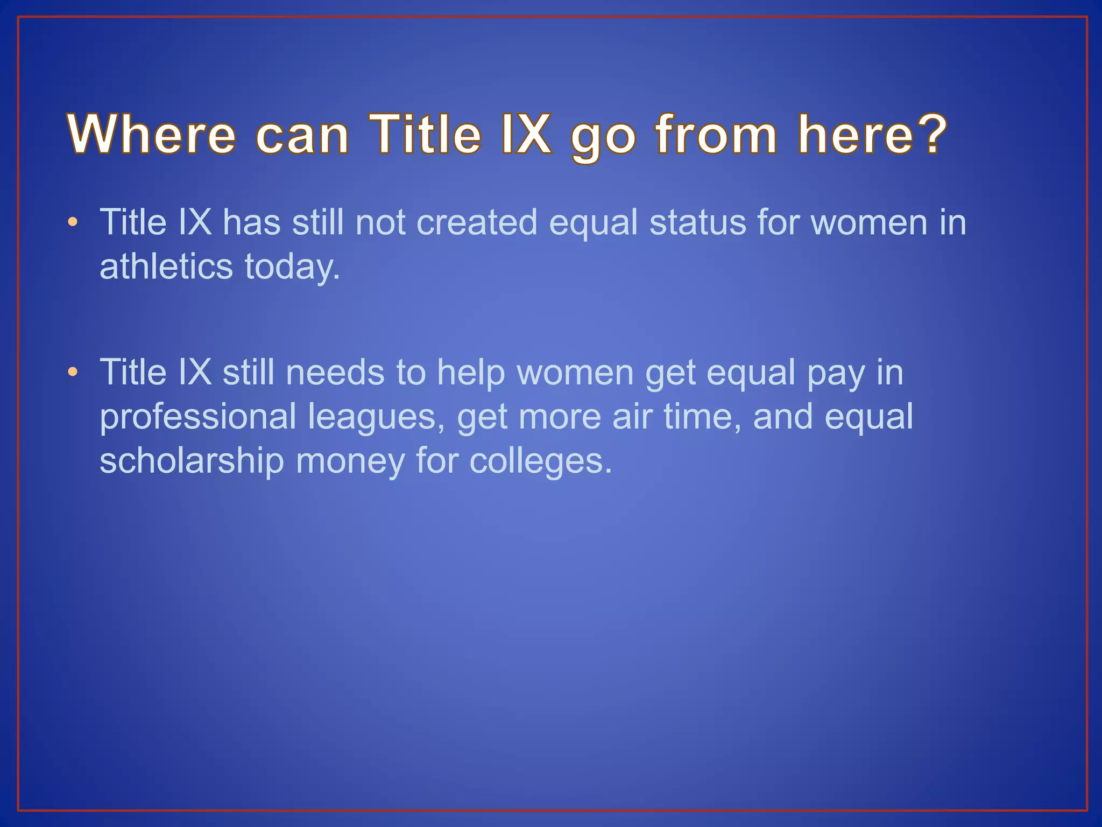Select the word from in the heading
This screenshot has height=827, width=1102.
pyautogui.click(x=716, y=134)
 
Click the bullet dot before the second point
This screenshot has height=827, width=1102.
pyautogui.click(x=73, y=372)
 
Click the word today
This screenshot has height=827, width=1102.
pyautogui.click(x=292, y=268)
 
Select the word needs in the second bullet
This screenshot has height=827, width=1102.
pyautogui.click(x=335, y=372)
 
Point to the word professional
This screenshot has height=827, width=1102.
pyautogui.click(x=197, y=417)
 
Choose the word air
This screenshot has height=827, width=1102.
pyautogui.click(x=632, y=417)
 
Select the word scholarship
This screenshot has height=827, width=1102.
pyautogui.click(x=192, y=461)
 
